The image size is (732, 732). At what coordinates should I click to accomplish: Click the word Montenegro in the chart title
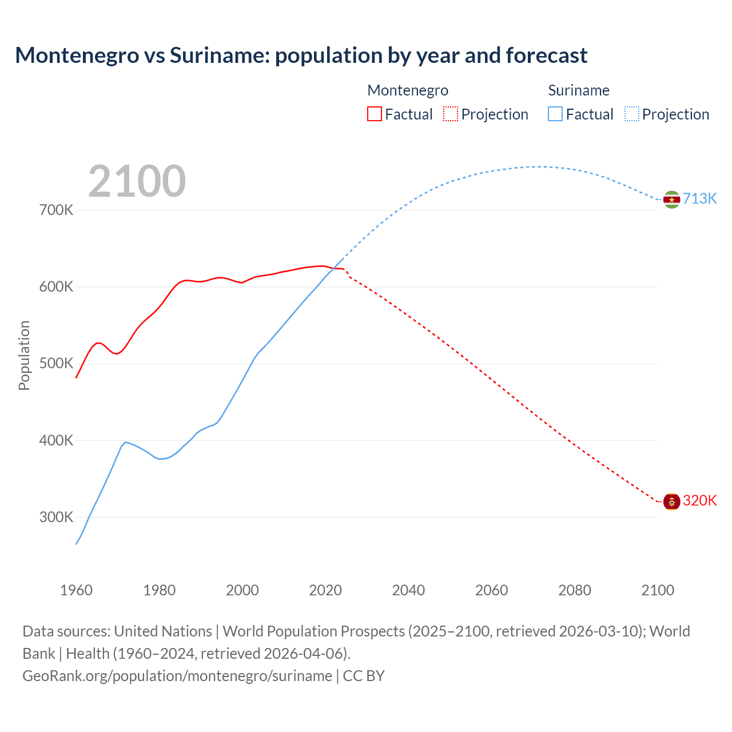point(77,55)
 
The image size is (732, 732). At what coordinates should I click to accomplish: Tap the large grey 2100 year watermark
point(137,181)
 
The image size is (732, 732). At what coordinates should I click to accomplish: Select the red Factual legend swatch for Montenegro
point(374,114)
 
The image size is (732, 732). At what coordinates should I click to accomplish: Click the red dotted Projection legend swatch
point(451,114)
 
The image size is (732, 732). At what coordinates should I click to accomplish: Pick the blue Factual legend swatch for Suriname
point(555,114)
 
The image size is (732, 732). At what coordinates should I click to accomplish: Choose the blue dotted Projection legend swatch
point(631,114)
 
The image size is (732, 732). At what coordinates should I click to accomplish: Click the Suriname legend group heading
point(578,90)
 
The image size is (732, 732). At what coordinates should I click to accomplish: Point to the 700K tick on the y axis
point(56,210)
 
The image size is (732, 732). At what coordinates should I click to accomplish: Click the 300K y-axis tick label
point(56,517)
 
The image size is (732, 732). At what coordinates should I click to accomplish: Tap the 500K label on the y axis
point(56,364)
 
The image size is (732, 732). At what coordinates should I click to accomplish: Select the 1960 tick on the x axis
point(76,590)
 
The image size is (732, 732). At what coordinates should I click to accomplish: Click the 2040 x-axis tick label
point(408,590)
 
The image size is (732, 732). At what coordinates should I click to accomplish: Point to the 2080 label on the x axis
point(574,590)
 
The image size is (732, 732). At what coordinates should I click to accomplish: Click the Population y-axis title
point(24,355)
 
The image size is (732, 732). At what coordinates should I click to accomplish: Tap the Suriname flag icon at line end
point(671,200)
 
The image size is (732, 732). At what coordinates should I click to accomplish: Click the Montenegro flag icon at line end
point(671,502)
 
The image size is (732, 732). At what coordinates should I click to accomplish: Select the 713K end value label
point(699,198)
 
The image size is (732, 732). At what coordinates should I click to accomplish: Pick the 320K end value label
point(699,500)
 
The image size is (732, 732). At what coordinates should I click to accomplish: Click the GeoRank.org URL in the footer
point(177,675)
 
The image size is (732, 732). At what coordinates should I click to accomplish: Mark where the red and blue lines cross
point(333,268)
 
